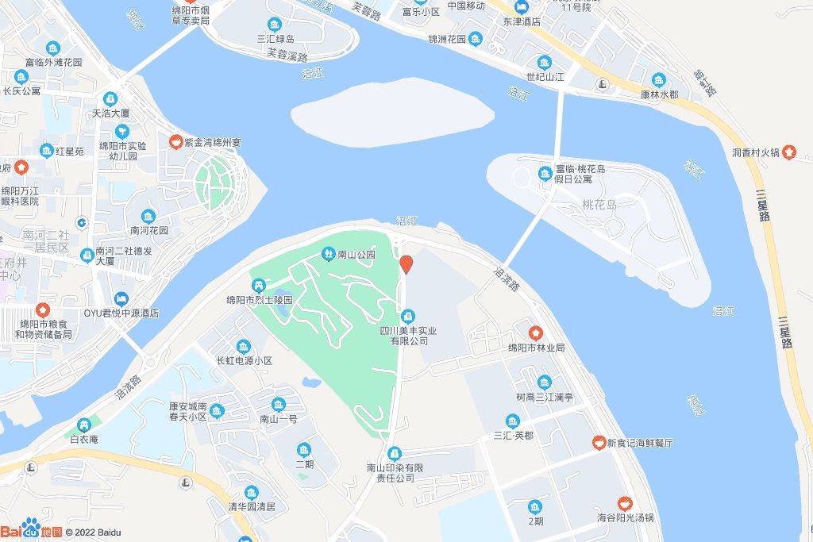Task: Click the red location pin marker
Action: pos(406,265)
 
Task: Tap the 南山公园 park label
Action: pos(356,255)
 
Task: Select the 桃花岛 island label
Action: pos(599,205)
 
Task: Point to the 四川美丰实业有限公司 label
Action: pos(408,335)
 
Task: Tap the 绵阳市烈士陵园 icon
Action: pos(259,285)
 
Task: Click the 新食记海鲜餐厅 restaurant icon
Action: pos(598,442)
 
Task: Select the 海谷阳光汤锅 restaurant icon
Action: pos(625,502)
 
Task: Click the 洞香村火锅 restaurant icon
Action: pos(788,152)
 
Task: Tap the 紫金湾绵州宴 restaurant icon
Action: pos(175,142)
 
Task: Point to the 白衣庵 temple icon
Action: pos(83,425)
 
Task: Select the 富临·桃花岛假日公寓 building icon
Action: pos(545,173)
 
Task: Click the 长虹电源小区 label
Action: pos(245,360)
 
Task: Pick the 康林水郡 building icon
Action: pos(659,79)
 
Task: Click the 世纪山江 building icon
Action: pos(545,62)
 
